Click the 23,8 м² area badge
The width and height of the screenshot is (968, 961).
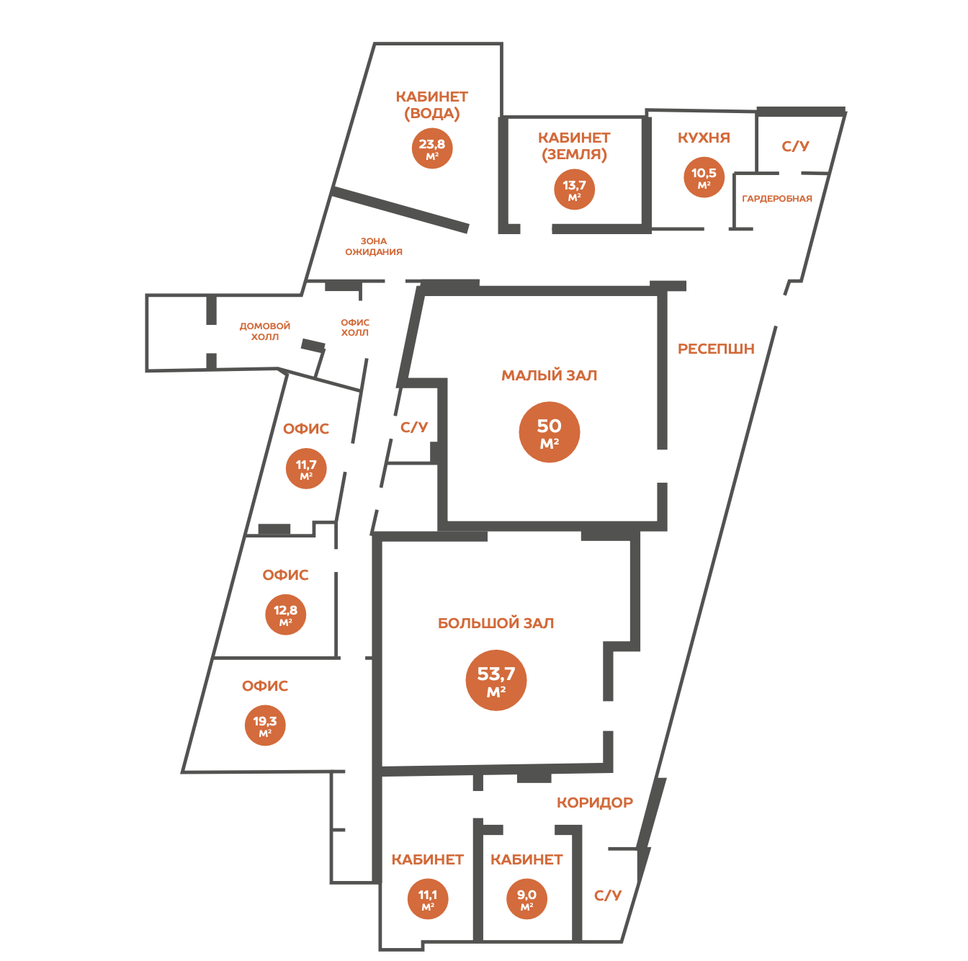pyautogui.click(x=431, y=148)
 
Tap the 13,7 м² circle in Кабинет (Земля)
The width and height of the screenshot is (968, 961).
pyautogui.click(x=573, y=189)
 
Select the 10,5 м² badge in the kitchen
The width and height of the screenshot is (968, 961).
pyautogui.click(x=703, y=177)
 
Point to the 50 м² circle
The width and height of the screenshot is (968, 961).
pyautogui.click(x=549, y=432)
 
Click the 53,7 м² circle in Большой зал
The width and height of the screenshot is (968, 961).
pyautogui.click(x=496, y=679)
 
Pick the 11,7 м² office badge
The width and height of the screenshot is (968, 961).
pyautogui.click(x=305, y=468)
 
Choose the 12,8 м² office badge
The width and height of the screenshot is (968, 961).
pyautogui.click(x=284, y=614)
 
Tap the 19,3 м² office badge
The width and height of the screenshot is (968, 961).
pyautogui.click(x=264, y=725)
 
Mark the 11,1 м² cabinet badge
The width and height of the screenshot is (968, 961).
pyautogui.click(x=427, y=898)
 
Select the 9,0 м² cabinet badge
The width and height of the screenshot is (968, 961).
pyautogui.click(x=526, y=898)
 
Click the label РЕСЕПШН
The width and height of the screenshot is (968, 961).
pyautogui.click(x=715, y=349)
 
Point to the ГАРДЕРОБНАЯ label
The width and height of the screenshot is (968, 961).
pyautogui.click(x=776, y=199)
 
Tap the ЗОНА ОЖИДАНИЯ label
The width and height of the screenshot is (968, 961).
pyautogui.click(x=373, y=246)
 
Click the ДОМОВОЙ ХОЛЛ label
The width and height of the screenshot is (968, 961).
pyautogui.click(x=264, y=331)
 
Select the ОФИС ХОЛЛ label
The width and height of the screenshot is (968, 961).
pyautogui.click(x=354, y=327)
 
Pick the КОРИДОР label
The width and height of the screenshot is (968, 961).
pyautogui.click(x=594, y=803)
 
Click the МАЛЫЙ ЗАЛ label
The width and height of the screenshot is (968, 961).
pyautogui.click(x=549, y=375)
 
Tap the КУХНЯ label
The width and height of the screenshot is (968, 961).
pyautogui.click(x=703, y=137)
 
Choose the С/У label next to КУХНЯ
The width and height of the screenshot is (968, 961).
pyautogui.click(x=794, y=146)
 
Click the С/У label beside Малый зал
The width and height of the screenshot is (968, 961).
pyautogui.click(x=413, y=426)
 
